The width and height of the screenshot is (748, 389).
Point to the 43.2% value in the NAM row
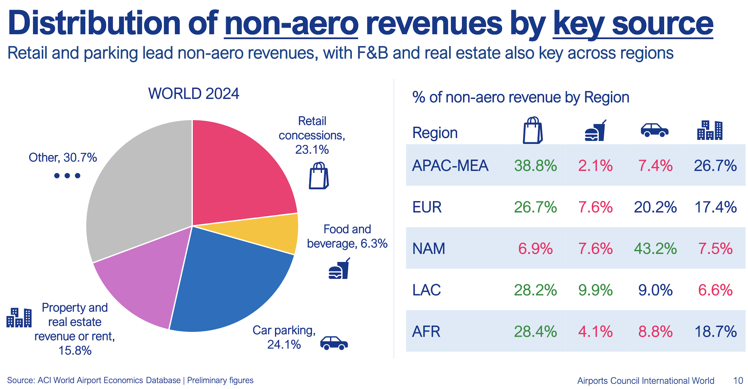tap(655, 249)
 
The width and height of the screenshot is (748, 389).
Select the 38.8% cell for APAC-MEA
tap(535, 166)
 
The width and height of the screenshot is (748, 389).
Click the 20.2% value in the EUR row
tap(655, 207)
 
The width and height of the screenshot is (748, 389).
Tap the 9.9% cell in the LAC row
tap(595, 290)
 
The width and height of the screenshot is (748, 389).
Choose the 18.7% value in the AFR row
tap(715, 331)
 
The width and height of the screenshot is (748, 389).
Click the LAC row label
tap(426, 290)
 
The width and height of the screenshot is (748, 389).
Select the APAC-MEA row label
tap(450, 166)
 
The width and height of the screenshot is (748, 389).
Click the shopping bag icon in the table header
tap(533, 130)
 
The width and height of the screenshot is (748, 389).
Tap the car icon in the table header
tap(654, 130)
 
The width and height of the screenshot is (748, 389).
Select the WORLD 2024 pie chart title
tap(193, 93)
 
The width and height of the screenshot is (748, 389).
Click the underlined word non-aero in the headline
tap(291, 23)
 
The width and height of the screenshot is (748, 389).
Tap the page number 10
tap(738, 380)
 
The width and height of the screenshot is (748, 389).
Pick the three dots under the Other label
tap(67, 175)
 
